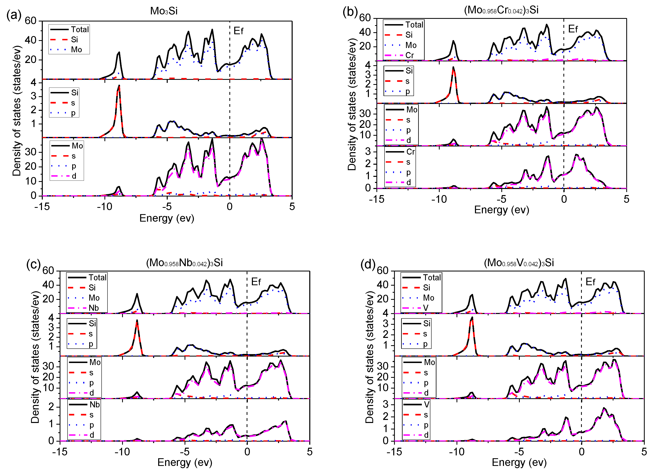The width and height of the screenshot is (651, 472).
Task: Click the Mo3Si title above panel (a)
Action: pyautogui.click(x=164, y=11)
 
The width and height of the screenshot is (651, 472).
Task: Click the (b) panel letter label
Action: pyautogui.click(x=350, y=12)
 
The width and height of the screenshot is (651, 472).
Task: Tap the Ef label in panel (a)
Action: pyautogui.click(x=238, y=31)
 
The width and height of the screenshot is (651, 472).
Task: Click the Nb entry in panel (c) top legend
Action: pyautogui.click(x=93, y=308)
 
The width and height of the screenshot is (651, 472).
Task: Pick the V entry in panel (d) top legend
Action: pyautogui.click(x=426, y=308)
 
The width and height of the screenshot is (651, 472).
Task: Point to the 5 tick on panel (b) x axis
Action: pyautogui.click(x=626, y=199)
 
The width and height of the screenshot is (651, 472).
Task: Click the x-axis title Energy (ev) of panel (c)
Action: pyautogui.click(x=185, y=462)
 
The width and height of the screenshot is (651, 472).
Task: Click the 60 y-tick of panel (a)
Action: pyautogui.click(x=30, y=21)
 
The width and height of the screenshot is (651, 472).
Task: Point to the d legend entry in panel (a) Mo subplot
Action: pyautogui.click(x=74, y=176)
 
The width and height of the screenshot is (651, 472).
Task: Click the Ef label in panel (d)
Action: pyautogui.click(x=590, y=282)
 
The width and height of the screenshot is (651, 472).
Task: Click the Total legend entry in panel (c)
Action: pyautogui.click(x=97, y=278)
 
